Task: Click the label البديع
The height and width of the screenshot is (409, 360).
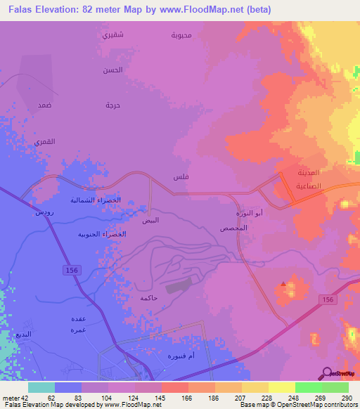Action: [x=24, y=335]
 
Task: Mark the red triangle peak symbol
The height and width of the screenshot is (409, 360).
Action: [x=283, y=284]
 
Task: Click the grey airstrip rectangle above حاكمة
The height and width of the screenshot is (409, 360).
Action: [x=178, y=286]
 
